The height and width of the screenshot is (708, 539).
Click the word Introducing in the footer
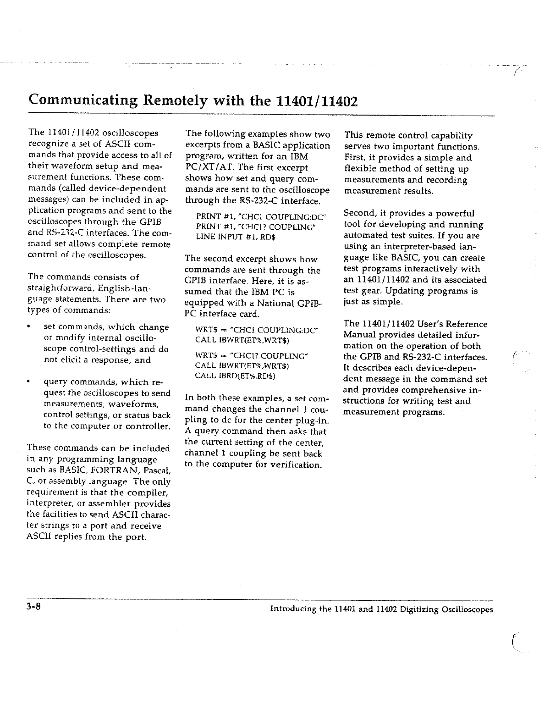[x=292, y=609]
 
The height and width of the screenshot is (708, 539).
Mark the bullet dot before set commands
[x=29, y=327]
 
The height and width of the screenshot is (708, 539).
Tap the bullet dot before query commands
[x=29, y=382]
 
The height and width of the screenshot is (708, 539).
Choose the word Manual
[x=360, y=335]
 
